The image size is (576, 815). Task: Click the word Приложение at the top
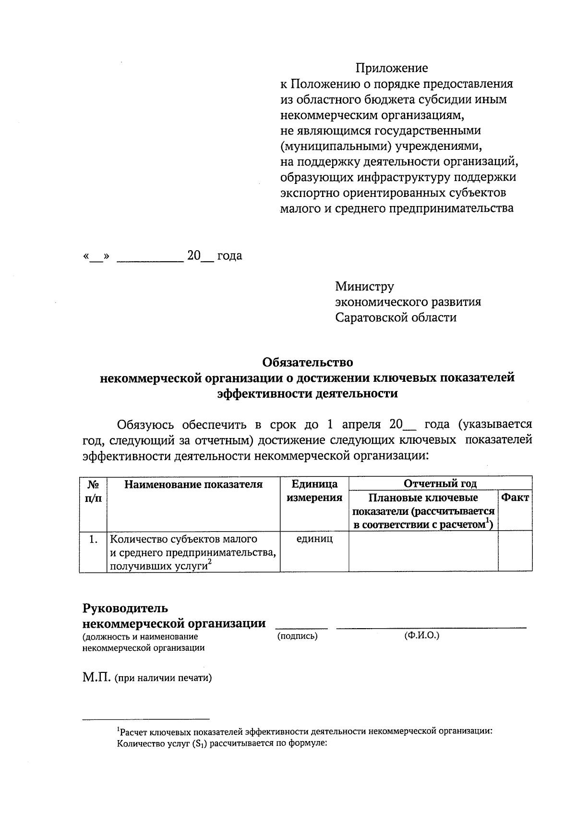(391, 68)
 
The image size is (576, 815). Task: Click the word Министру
(364, 287)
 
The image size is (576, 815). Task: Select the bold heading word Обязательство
(307, 362)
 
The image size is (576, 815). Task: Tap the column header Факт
(515, 498)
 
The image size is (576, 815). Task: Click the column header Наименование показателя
(193, 484)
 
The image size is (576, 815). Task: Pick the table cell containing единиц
(314, 539)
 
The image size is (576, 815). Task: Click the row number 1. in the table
(94, 539)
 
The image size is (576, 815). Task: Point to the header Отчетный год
(440, 484)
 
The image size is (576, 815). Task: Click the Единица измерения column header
(314, 490)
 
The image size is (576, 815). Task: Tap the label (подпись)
(298, 636)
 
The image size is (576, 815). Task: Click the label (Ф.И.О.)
(422, 636)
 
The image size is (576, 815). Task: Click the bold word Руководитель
(125, 608)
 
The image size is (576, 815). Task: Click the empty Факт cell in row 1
(515, 551)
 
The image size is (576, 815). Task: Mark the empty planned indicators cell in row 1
(423, 551)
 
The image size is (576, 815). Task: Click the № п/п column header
(93, 491)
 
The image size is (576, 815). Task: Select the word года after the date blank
(229, 256)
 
